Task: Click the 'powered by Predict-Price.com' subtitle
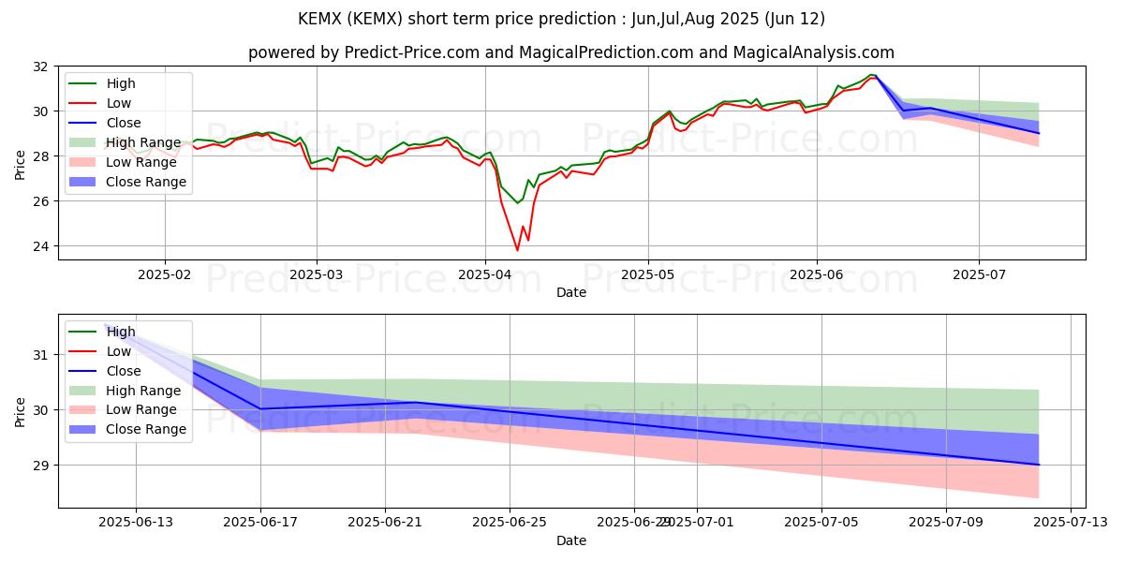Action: click(571, 52)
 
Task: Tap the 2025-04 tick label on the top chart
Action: click(484, 275)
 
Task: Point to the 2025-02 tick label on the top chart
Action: click(165, 275)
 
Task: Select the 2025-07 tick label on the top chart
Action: click(979, 275)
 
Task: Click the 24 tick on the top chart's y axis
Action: click(40, 246)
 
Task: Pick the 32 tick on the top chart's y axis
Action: click(40, 67)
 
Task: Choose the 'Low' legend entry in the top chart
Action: click(119, 103)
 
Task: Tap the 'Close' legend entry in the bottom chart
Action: click(124, 371)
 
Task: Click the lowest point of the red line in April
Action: click(517, 250)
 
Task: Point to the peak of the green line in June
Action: click(871, 74)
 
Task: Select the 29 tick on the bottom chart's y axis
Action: click(43, 466)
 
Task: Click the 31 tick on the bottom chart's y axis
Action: click(43, 355)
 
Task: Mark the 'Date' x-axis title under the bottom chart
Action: click(571, 541)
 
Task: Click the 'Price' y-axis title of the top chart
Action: click(20, 163)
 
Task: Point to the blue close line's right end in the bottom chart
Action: click(1039, 465)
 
